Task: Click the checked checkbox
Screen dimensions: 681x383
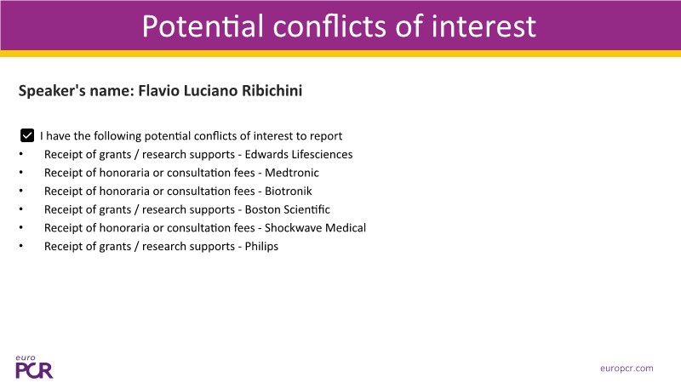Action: pyautogui.click(x=27, y=135)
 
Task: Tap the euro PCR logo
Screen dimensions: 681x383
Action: pyautogui.click(x=34, y=367)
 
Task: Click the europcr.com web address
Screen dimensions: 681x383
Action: pyautogui.click(x=627, y=369)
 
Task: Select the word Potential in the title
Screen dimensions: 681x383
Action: pyautogui.click(x=203, y=26)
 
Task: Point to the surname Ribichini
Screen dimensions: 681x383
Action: pyautogui.click(x=272, y=91)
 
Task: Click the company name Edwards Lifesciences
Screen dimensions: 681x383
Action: pyautogui.click(x=299, y=154)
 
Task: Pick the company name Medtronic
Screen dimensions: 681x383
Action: pyautogui.click(x=292, y=173)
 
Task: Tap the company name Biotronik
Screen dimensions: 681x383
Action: pyautogui.click(x=289, y=191)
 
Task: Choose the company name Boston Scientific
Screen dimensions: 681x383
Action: pyautogui.click(x=288, y=209)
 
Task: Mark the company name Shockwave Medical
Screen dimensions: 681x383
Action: pyautogui.click(x=315, y=227)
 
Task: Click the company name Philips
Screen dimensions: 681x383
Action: pyautogui.click(x=261, y=246)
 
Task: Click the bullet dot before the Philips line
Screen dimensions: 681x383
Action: pyautogui.click(x=20, y=246)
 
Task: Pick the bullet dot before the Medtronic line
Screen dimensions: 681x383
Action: pyautogui.click(x=20, y=172)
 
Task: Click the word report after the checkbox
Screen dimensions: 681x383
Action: pyautogui.click(x=326, y=136)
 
